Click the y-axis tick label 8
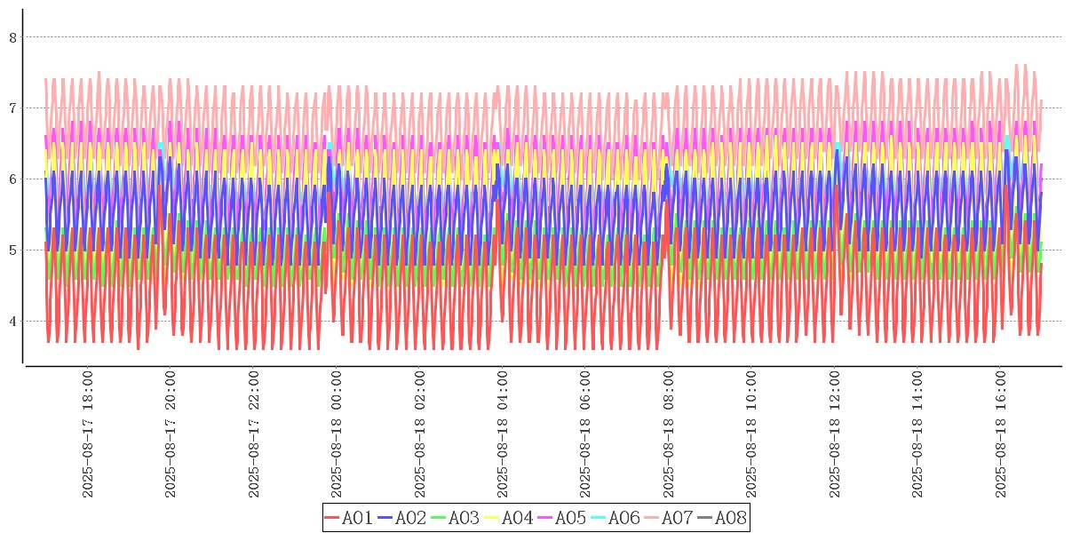tap(13, 37)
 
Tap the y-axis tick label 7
tap(13, 108)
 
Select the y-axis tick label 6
tap(13, 179)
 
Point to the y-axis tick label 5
tap(13, 251)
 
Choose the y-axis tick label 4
tap(13, 322)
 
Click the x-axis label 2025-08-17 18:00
tap(88, 434)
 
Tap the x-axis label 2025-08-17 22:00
tap(254, 434)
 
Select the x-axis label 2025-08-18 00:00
tap(337, 434)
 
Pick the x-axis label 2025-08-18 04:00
tap(504, 434)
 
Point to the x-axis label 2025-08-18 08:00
tap(669, 434)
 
